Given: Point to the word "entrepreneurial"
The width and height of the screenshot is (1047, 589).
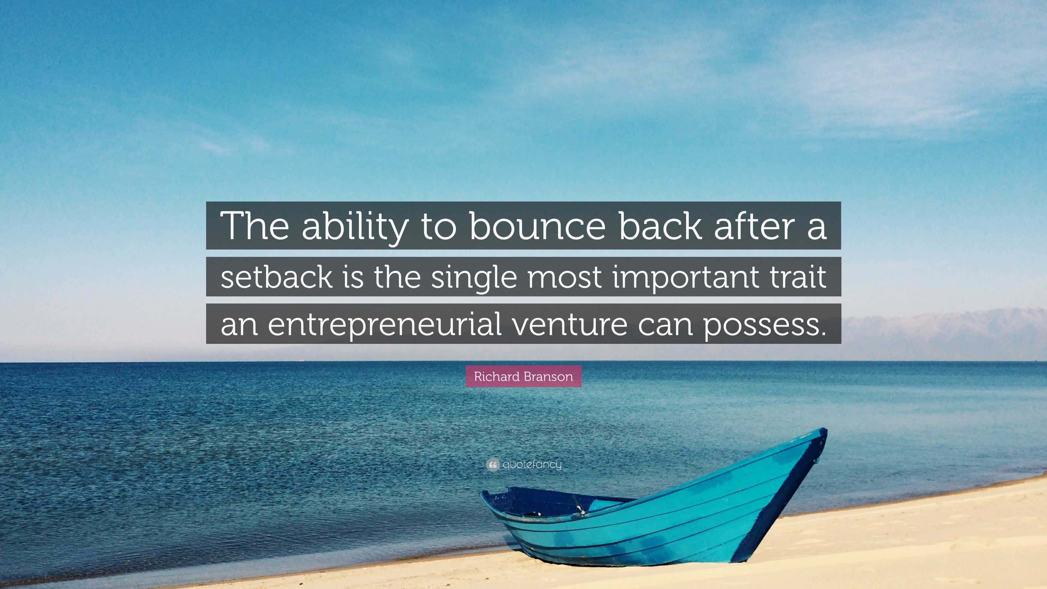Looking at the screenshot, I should coord(384,324).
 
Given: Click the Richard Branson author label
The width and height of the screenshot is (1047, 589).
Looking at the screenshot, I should coord(523,376).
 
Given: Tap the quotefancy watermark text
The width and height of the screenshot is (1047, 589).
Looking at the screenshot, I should coord(532,464).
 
